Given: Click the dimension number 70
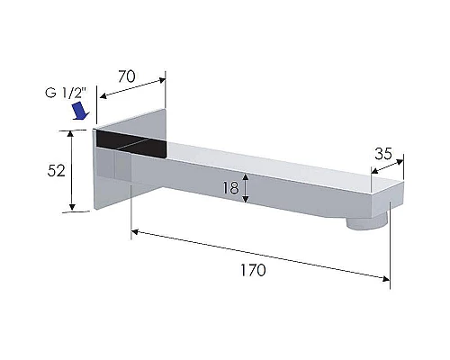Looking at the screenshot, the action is [x=127, y=76].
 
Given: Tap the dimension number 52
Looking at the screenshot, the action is [x=56, y=171].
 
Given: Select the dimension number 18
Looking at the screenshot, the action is [x=230, y=188].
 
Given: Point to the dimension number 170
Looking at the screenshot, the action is [x=253, y=270].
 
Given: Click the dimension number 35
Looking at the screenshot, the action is [x=383, y=154].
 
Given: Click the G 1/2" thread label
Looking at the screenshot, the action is [x=66, y=93].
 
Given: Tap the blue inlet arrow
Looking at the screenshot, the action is [x=81, y=111].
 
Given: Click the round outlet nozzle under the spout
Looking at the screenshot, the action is [x=366, y=223].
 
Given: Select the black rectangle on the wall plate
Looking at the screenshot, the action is [x=131, y=144].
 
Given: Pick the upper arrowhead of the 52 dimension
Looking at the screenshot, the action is [x=70, y=134].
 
